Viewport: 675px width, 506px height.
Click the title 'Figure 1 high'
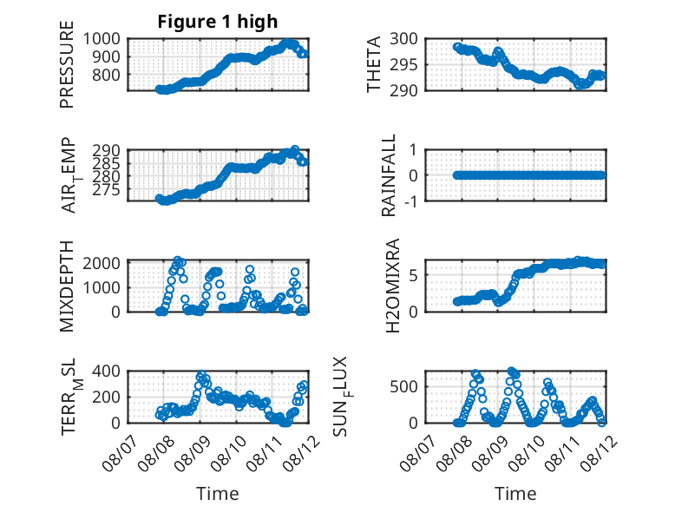coord(217,22)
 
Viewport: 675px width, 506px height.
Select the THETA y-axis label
coord(374,65)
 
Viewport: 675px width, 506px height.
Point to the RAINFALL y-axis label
coord(390,175)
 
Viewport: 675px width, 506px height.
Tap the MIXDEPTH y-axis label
coord(67,286)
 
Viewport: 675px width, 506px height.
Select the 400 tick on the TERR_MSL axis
coord(108,371)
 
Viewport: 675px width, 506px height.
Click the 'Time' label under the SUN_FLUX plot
coord(515,493)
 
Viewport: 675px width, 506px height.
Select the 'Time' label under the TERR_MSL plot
coord(217,493)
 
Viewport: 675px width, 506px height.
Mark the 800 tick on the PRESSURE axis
coord(108,75)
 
